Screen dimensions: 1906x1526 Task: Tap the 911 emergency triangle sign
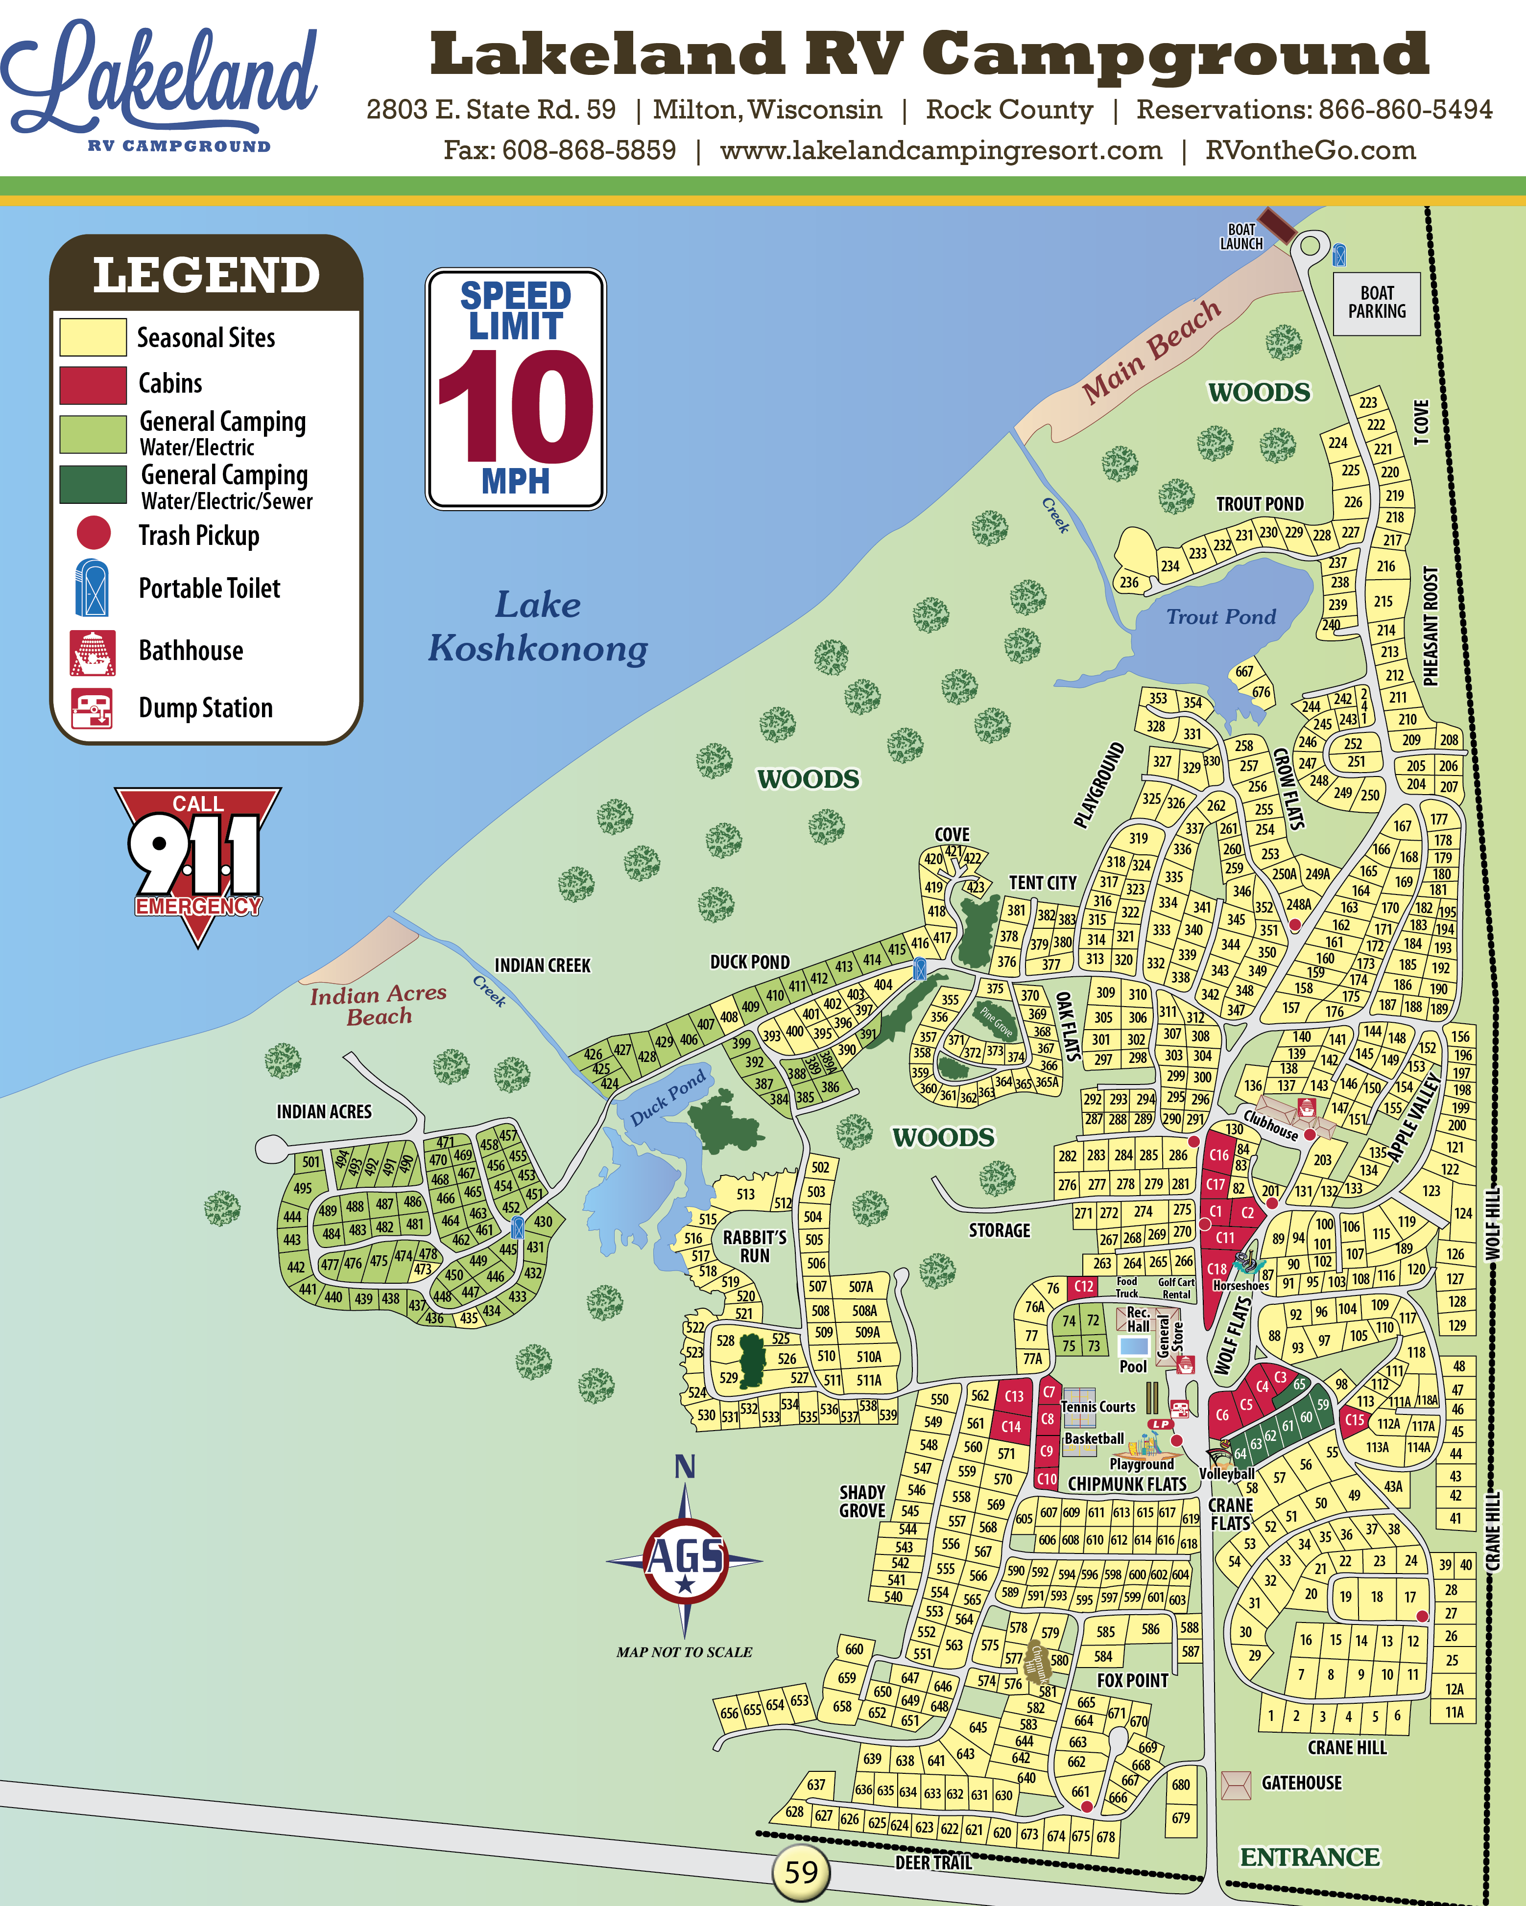coord(197,857)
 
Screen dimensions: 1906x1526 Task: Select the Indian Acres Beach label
coord(379,1005)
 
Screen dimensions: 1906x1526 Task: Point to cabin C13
coord(1013,1396)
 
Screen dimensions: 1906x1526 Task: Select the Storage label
coord(999,1230)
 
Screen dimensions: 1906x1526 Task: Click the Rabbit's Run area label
coord(754,1247)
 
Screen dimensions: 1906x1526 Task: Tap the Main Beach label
coord(1151,352)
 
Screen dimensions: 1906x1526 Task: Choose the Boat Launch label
coord(1241,237)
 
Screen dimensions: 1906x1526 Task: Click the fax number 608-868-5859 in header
coord(589,150)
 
